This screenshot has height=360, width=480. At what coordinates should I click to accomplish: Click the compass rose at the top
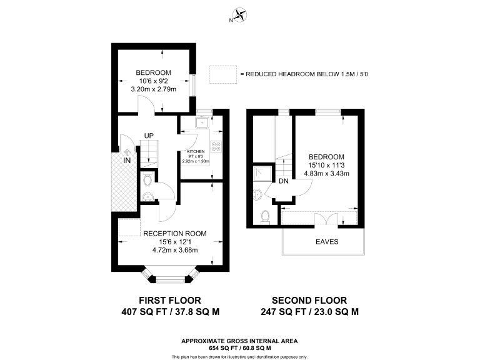tap(240, 16)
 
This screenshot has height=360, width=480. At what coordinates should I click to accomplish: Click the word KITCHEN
tap(196, 152)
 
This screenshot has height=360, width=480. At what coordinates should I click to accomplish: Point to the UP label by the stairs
tap(149, 136)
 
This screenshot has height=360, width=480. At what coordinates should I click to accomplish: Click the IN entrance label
tap(127, 161)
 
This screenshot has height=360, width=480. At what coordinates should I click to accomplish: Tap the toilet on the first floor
tap(147, 181)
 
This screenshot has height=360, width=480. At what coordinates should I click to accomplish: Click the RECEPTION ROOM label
tap(174, 234)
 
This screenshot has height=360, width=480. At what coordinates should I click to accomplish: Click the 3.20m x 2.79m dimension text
tap(153, 89)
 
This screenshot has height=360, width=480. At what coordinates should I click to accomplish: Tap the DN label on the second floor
tap(283, 181)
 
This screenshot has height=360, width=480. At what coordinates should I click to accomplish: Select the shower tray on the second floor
tap(261, 174)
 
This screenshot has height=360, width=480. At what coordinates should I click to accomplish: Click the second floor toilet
tap(265, 216)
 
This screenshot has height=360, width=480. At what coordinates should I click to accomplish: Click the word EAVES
tap(322, 242)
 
